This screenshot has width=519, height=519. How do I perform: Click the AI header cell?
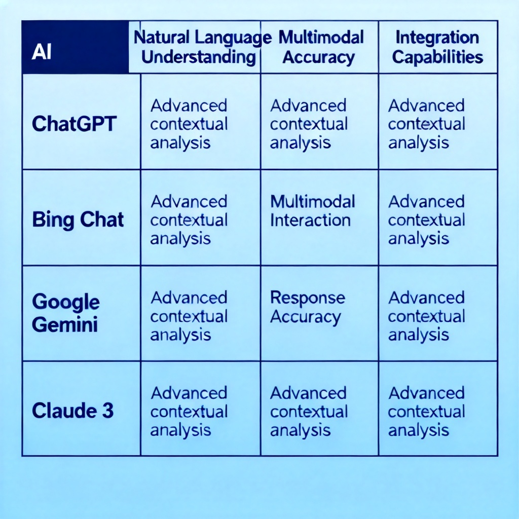point(76,47)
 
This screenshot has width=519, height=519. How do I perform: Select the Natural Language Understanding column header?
point(195,47)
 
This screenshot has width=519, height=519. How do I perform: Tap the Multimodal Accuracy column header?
point(319,47)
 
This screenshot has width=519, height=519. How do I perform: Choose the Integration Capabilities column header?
point(438,47)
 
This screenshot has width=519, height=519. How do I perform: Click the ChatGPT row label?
point(74,124)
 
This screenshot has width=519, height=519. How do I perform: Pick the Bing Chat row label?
point(78,220)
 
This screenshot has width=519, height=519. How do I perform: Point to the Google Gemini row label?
point(65,313)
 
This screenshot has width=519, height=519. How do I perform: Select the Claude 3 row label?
point(72,411)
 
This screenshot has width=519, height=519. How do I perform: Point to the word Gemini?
point(65,324)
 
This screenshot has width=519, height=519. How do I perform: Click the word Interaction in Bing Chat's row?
point(310,220)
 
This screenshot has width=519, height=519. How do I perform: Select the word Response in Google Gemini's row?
point(308,298)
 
